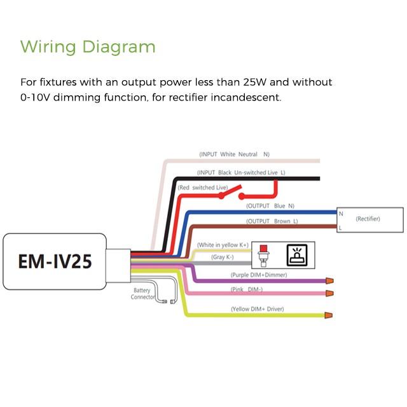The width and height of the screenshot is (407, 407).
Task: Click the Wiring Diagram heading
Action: coord(88,46)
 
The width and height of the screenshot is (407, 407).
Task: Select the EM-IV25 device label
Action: coord(55,261)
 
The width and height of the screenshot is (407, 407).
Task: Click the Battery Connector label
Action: coord(142,294)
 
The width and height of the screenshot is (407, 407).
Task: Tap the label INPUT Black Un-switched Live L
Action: coord(241,172)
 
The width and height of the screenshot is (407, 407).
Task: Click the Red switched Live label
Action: coord(203,188)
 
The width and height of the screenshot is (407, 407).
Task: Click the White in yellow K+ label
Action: coord(223,245)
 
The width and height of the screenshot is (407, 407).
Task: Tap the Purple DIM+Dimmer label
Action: coord(259,275)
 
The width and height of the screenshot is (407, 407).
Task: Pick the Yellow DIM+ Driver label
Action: coord(257,309)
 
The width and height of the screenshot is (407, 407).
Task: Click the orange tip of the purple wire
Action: coord(329,280)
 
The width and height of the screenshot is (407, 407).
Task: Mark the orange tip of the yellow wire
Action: coord(328,315)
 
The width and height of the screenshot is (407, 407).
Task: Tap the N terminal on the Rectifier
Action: coord(341,214)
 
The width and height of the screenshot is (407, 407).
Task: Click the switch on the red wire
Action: coord(231,192)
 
